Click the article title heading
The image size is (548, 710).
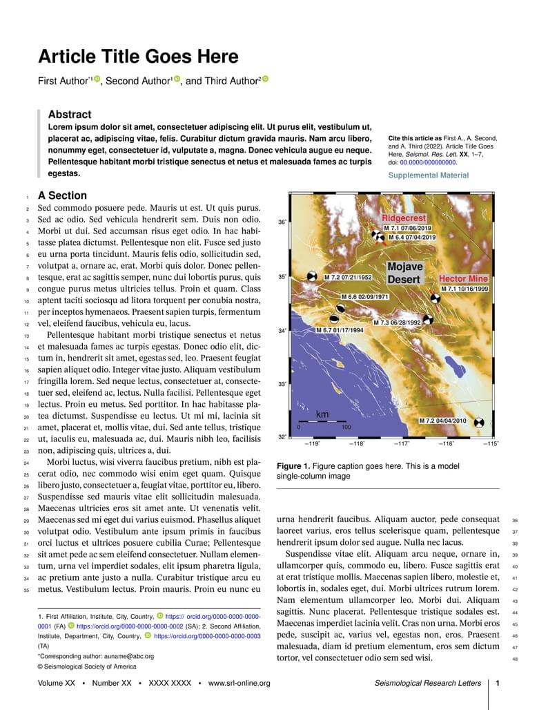pos(138,57)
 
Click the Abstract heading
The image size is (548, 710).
pos(69,115)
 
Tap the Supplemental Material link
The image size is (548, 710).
pos(428,175)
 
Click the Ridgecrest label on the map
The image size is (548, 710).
pos(404,218)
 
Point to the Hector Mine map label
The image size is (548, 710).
pos(464,279)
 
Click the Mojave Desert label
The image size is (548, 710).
pos(404,273)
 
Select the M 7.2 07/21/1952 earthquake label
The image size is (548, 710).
pos(348,278)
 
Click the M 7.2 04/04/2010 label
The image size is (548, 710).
pos(442,421)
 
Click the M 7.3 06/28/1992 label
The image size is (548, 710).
pos(397,323)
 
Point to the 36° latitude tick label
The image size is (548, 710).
pos(282,223)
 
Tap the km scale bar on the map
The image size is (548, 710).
pos(322,420)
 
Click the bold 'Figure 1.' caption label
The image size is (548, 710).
pos(293,466)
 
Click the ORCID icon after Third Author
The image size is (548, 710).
pos(265,80)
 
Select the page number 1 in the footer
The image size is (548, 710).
pos(498,684)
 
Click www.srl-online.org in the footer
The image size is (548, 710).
pos(239,684)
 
